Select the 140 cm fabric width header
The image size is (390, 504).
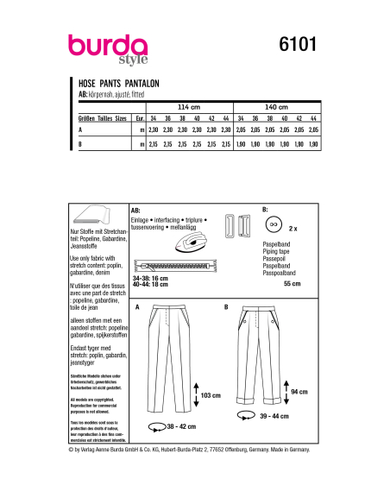click(x=280, y=106)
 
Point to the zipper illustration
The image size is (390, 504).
click(x=173, y=265)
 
